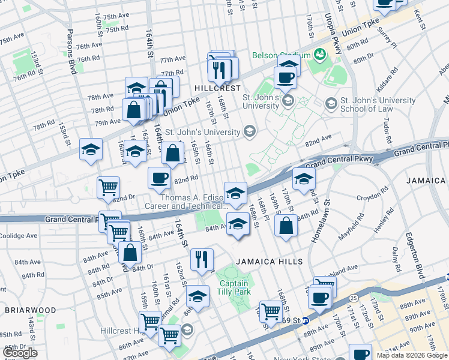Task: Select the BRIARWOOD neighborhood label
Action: click(x=30, y=310)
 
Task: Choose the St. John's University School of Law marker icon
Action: click(x=331, y=104)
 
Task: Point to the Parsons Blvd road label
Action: click(x=71, y=48)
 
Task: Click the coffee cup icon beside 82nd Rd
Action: click(x=159, y=178)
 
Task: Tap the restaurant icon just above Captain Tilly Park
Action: click(x=202, y=260)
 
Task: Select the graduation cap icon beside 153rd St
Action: click(x=91, y=149)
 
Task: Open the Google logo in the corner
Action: click(x=20, y=353)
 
